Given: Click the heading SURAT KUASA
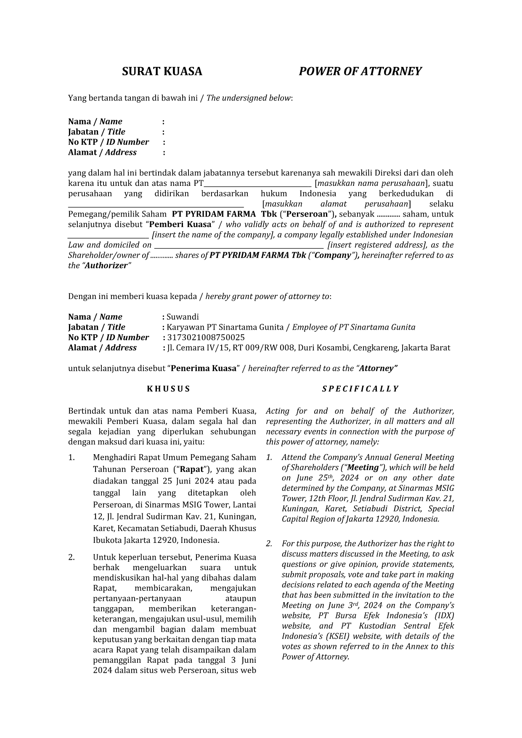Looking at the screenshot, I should (162, 71).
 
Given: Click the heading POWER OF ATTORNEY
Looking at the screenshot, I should (360, 71).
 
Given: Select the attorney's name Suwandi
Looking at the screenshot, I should (183, 317).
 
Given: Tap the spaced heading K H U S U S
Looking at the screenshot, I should (168, 389).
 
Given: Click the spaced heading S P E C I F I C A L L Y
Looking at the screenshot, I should (360, 389).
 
